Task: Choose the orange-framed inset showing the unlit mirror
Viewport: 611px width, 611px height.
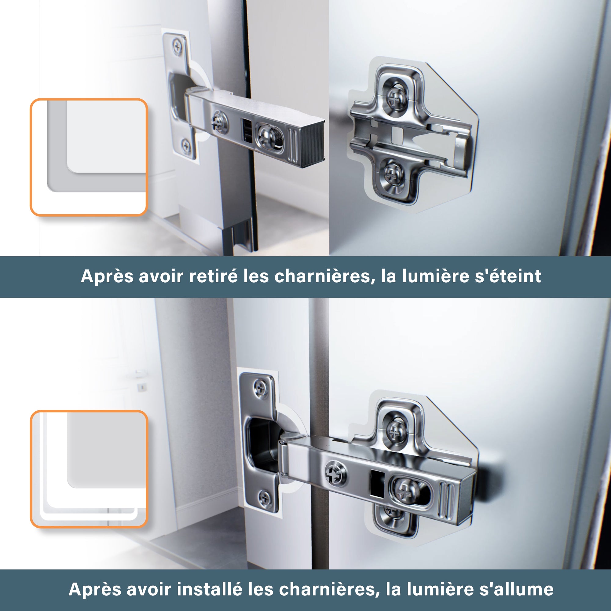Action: pyautogui.click(x=89, y=157)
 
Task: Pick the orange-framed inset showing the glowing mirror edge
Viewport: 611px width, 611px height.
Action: pyautogui.click(x=89, y=469)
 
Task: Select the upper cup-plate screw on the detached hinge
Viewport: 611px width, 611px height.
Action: pyautogui.click(x=177, y=46)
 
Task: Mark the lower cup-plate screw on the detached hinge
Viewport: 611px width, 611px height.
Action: pyautogui.click(x=186, y=146)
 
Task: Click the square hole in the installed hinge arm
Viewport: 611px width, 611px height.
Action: pyautogui.click(x=377, y=483)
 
